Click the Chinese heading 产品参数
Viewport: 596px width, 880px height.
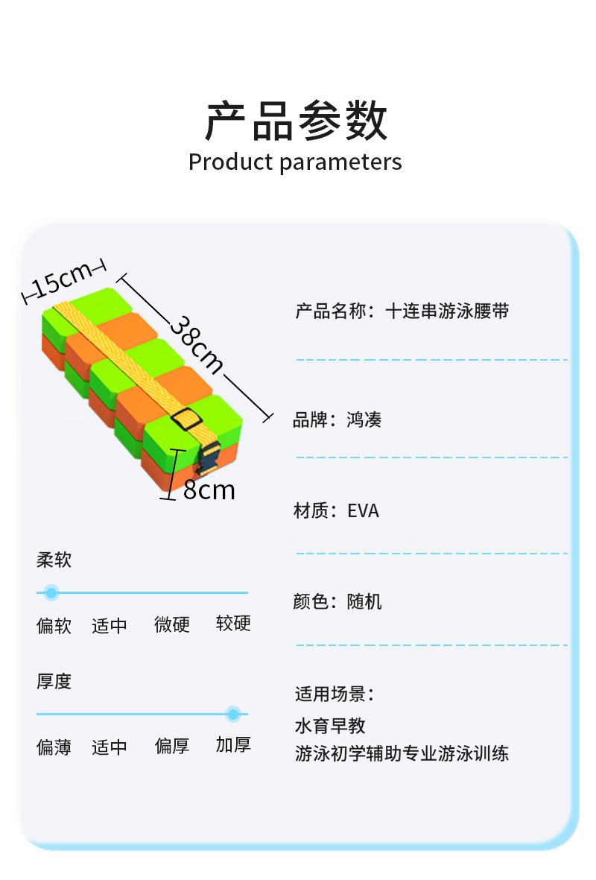tap(297, 121)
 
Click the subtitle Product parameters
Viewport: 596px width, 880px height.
tap(295, 162)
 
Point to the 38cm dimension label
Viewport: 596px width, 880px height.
tap(197, 344)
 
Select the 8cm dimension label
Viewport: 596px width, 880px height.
tap(209, 490)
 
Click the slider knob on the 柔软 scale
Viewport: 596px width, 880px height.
tap(51, 593)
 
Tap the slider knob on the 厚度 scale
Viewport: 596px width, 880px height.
tap(233, 715)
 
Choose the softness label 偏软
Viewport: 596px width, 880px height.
tap(54, 625)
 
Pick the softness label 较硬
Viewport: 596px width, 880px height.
tap(233, 624)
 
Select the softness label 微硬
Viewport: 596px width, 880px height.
tap(172, 624)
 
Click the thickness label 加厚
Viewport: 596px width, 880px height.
tap(233, 744)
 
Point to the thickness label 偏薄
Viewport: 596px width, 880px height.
tap(54, 747)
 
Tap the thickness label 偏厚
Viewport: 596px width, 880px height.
tap(172, 746)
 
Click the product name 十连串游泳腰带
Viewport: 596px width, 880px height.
tap(447, 311)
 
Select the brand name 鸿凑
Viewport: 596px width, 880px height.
tap(364, 420)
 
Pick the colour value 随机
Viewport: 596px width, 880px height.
tap(364, 601)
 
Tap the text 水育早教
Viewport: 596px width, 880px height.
tap(330, 725)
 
